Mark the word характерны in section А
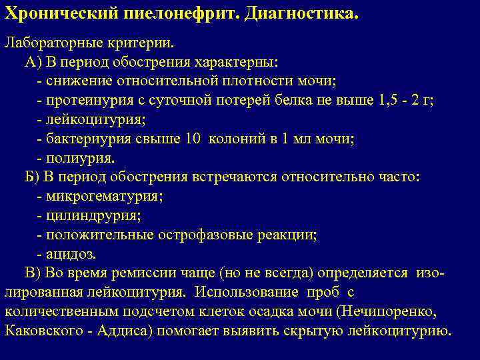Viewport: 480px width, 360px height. click(x=244, y=62)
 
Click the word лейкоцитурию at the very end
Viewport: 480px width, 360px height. click(x=405, y=331)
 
